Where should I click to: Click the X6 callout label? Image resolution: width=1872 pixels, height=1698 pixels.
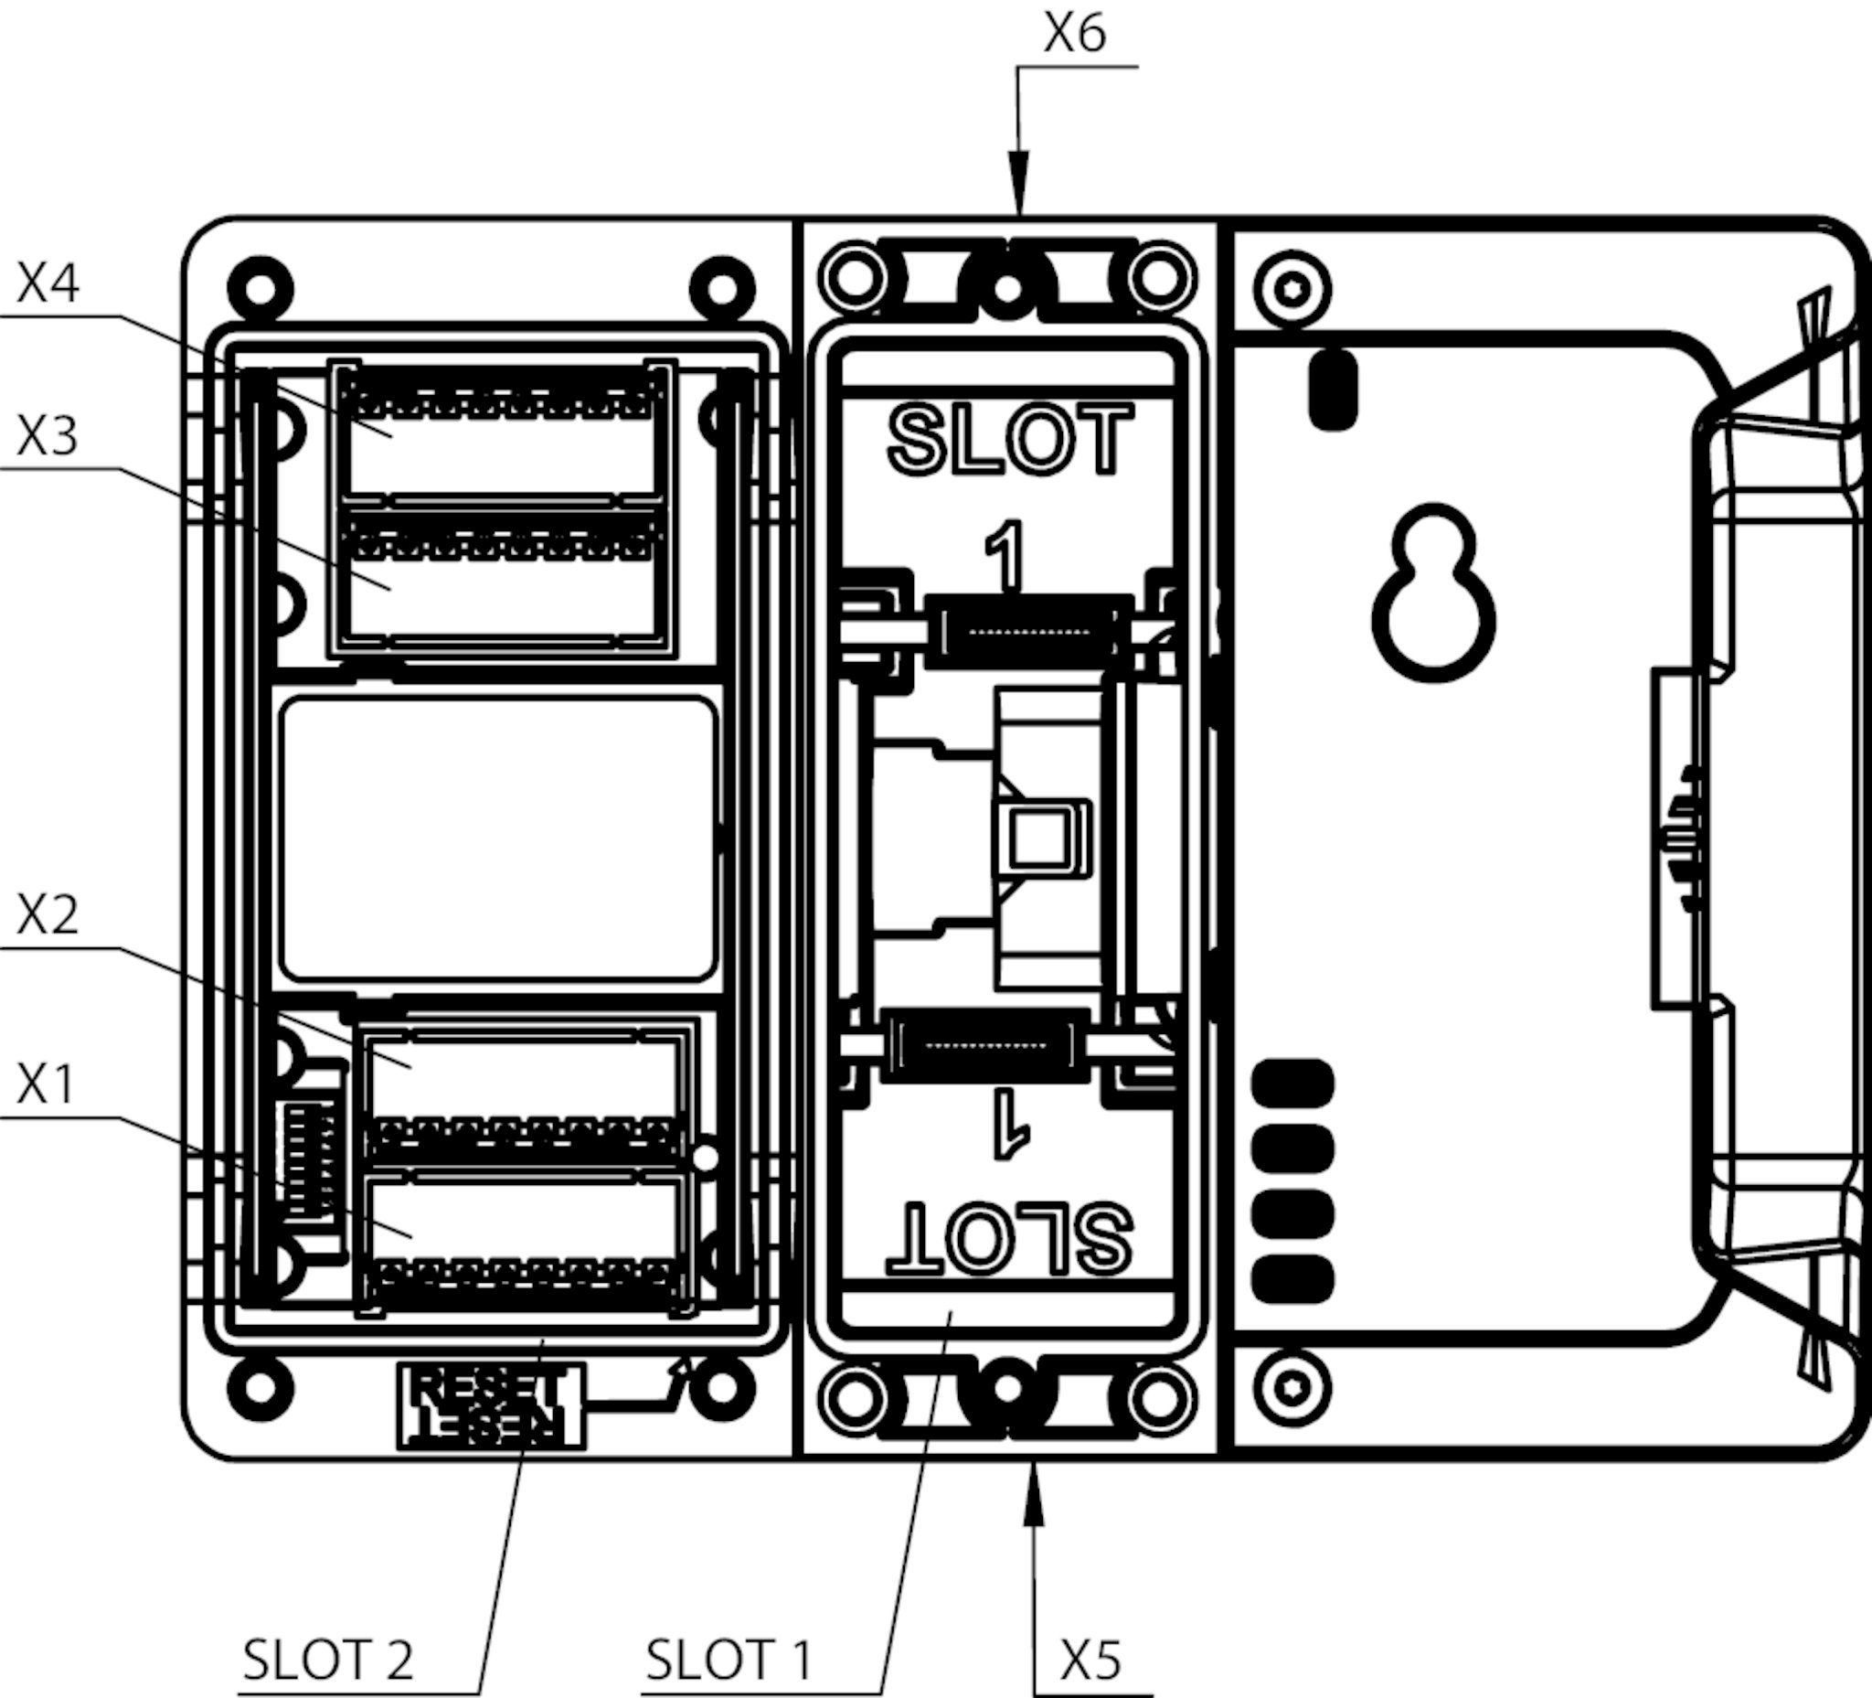coord(1074,36)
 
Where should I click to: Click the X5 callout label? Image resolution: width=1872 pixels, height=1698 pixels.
coord(1090,1659)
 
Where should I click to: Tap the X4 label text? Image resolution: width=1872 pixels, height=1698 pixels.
coord(48,283)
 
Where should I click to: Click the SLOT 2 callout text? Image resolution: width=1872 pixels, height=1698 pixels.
coord(328,1659)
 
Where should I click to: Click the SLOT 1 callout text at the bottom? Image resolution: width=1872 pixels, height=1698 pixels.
coord(729,1659)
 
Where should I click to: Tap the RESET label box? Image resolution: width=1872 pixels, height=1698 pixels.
coord(490,1404)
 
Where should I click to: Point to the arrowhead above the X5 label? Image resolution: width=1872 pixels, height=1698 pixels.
coord(1034,1501)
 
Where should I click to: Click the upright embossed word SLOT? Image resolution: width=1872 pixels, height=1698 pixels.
coord(1010,440)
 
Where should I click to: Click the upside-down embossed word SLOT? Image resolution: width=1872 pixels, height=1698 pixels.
coord(1010,1238)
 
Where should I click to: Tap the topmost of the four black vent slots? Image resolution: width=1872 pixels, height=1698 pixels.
coord(1292,1083)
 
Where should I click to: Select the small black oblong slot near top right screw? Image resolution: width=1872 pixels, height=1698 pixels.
coord(1334,390)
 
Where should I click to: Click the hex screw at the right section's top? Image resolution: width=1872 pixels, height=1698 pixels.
coord(1292,290)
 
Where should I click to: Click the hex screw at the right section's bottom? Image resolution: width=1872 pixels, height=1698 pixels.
coord(1292,1389)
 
